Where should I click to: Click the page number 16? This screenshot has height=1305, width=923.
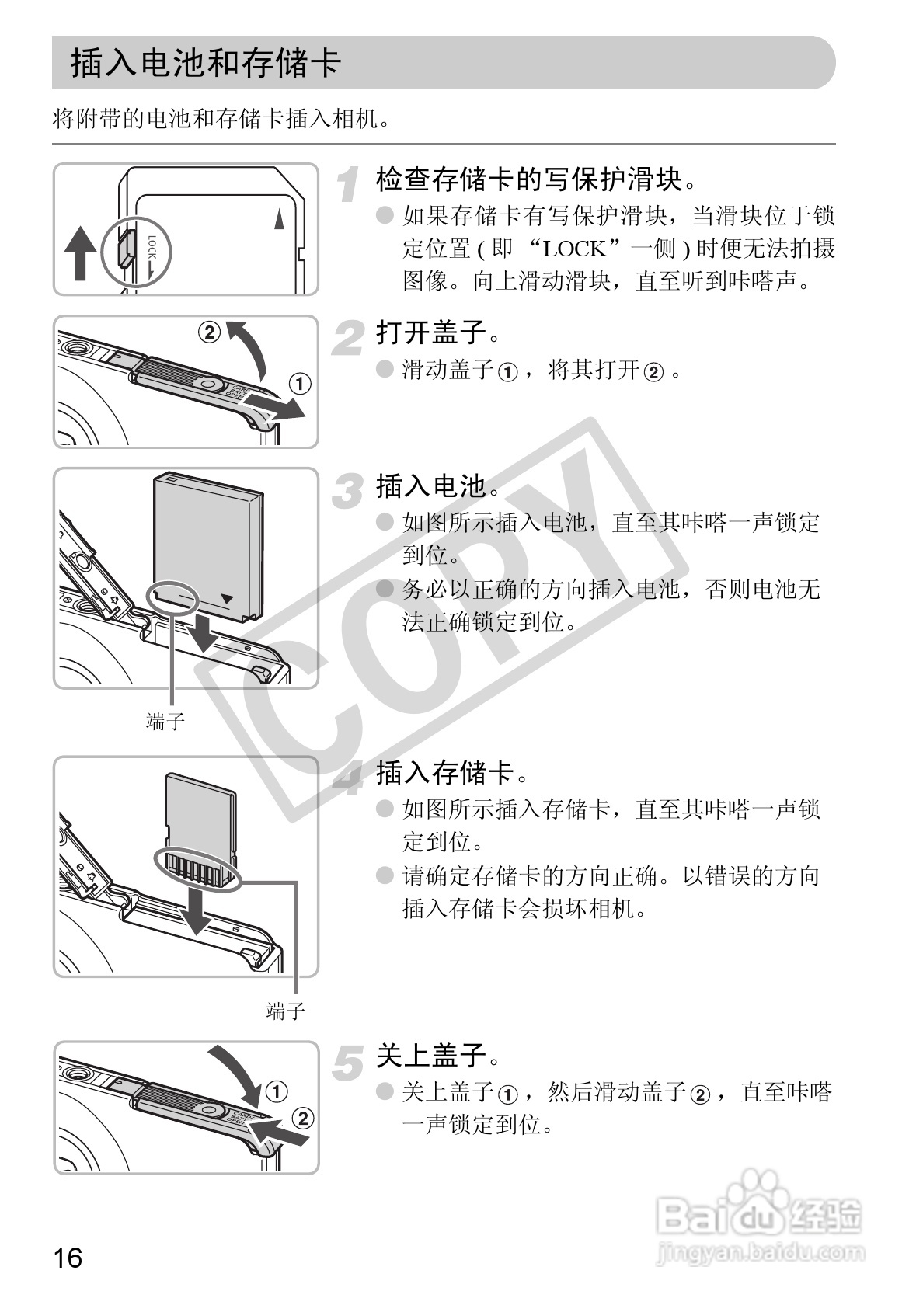coord(68,1257)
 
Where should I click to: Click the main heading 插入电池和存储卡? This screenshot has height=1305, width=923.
coord(206,63)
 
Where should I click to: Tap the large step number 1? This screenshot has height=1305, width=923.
coord(349,184)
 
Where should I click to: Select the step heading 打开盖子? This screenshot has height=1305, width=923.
coord(431,332)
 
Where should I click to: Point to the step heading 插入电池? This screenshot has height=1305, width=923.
coord(431,485)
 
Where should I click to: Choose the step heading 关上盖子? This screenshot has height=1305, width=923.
coord(431,1055)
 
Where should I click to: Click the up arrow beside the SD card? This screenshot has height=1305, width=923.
coord(80,253)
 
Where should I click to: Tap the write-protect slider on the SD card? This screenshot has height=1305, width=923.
coord(124,249)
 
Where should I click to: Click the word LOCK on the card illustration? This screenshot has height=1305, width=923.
coord(152,246)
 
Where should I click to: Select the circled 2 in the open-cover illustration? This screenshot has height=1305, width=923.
coord(210,332)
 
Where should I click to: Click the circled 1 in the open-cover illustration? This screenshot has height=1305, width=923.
coord(300,384)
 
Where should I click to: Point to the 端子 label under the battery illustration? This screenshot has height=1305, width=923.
coord(165,721)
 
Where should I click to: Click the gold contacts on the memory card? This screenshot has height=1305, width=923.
coord(197,869)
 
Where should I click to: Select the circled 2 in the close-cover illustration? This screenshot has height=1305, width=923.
coord(302,1119)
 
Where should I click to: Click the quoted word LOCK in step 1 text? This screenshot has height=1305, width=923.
coord(575,249)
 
